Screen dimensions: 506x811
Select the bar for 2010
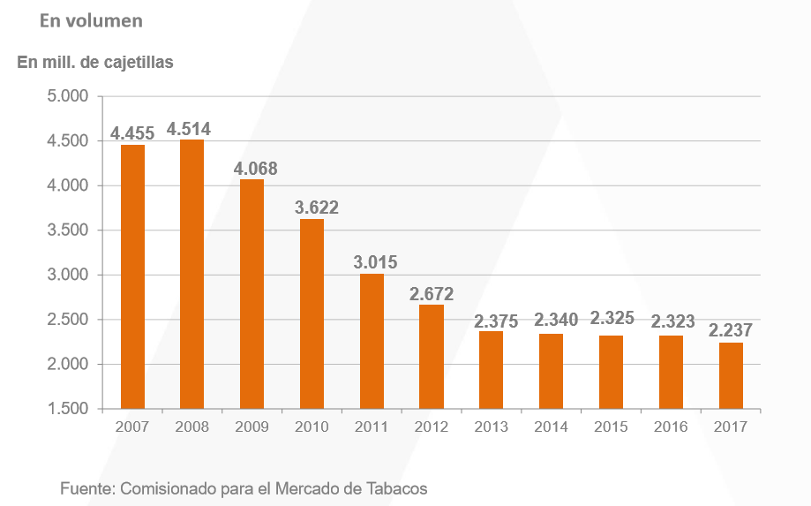click(x=312, y=313)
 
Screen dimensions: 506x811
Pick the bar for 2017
click(x=731, y=375)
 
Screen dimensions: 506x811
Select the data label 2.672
click(x=432, y=294)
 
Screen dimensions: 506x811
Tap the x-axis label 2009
click(x=252, y=427)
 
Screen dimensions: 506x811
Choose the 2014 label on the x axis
click(x=552, y=427)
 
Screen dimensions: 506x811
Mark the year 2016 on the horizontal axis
click(x=671, y=427)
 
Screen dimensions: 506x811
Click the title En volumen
click(x=91, y=19)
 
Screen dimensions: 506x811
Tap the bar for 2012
click(x=432, y=357)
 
